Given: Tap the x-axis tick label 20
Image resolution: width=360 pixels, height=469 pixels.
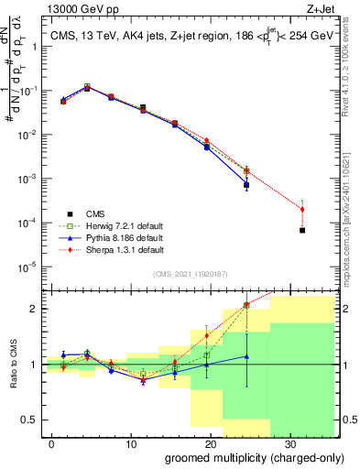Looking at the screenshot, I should [x=211, y=442].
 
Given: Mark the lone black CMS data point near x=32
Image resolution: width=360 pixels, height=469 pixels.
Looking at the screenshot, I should [x=302, y=230].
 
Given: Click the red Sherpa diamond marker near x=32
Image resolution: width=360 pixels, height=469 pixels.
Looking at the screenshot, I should [x=302, y=210].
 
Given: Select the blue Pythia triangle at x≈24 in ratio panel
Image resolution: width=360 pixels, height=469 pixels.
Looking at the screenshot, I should [x=246, y=356].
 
